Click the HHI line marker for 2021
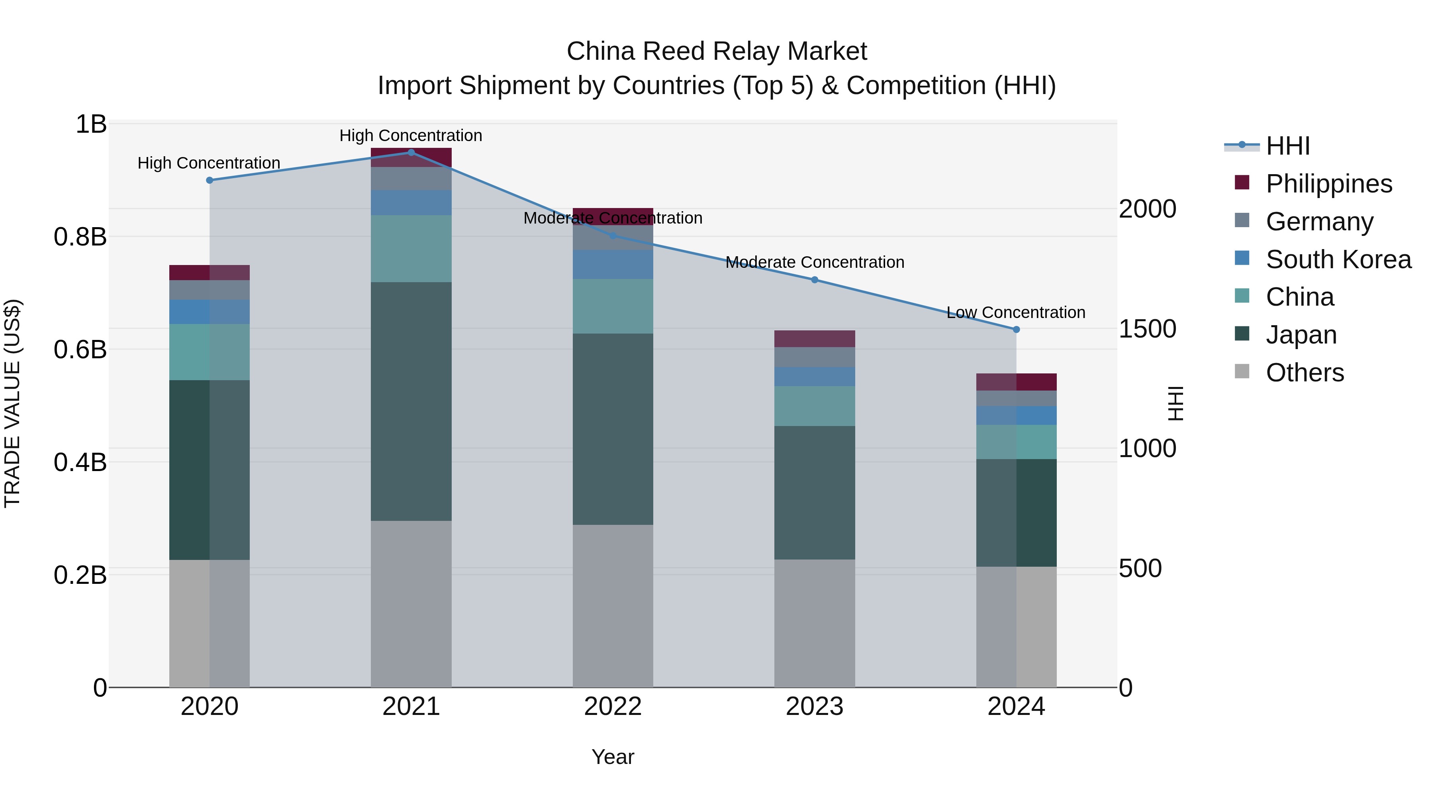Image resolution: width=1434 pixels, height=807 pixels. (x=411, y=153)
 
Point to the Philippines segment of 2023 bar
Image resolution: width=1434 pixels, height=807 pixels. (x=815, y=339)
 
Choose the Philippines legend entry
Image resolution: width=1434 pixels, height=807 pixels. (x=1329, y=184)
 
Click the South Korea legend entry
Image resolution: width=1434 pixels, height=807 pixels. (x=1338, y=259)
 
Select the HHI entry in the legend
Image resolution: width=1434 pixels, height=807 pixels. (x=1287, y=146)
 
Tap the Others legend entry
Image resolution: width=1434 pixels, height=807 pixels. (x=1304, y=373)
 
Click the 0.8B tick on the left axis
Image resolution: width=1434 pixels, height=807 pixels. (x=80, y=237)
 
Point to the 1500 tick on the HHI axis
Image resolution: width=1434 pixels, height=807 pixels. (x=1147, y=329)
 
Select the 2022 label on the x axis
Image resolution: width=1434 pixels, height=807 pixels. (x=613, y=707)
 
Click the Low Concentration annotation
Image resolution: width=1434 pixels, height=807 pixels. (x=1016, y=312)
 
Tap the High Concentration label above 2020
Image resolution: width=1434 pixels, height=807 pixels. (x=209, y=163)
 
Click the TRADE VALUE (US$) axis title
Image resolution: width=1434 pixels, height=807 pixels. (x=12, y=403)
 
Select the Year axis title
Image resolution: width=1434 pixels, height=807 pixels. (x=613, y=757)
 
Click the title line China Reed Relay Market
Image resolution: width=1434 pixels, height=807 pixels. (x=717, y=51)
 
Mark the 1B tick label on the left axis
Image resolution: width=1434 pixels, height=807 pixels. (x=91, y=124)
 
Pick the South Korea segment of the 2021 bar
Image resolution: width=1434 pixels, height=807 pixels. (x=411, y=203)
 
